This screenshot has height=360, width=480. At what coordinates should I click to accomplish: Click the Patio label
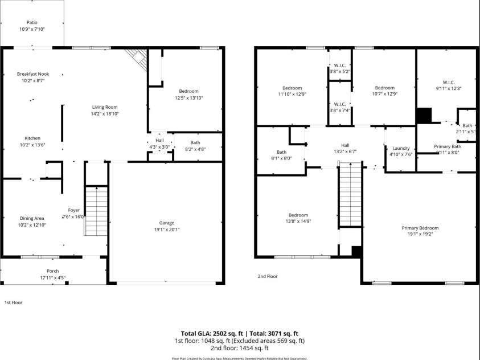point(31,22)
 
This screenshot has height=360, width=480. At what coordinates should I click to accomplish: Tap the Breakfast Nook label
point(32,74)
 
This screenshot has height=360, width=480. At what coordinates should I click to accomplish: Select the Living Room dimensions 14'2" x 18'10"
point(105,113)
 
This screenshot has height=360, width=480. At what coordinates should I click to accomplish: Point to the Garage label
point(167,223)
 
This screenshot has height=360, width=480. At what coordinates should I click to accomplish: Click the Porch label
point(52,271)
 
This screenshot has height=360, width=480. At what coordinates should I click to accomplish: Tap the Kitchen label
point(32,138)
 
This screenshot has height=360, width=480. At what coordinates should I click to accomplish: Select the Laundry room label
point(401,148)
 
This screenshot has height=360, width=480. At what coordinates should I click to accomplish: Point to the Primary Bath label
point(448,146)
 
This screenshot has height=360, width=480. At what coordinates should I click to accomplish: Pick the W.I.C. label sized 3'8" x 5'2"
point(339,65)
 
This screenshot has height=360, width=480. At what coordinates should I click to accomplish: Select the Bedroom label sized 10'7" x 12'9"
point(384,88)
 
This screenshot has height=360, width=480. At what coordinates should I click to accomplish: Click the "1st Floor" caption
point(14,302)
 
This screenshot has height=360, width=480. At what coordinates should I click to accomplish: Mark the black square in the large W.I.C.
point(424,116)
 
